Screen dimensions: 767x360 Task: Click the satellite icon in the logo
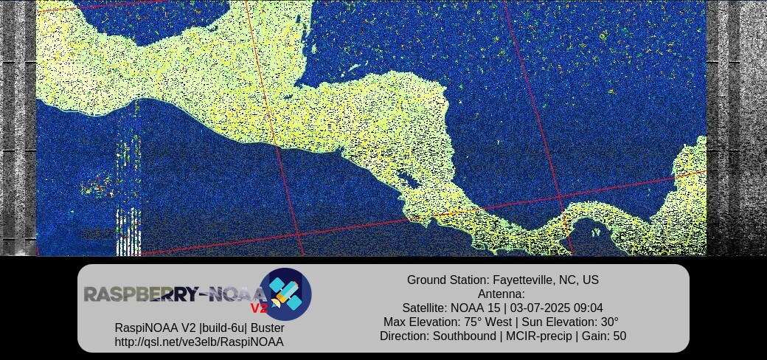coord(285,294)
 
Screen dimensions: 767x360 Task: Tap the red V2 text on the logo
coord(259,308)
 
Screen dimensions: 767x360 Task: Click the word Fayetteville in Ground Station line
coord(522,280)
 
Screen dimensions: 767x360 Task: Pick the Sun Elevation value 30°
coord(609,322)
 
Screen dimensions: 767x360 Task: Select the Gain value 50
coord(619,336)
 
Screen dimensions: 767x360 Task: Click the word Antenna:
coord(502,294)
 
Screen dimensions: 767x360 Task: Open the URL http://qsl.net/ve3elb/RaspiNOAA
coord(199,342)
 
